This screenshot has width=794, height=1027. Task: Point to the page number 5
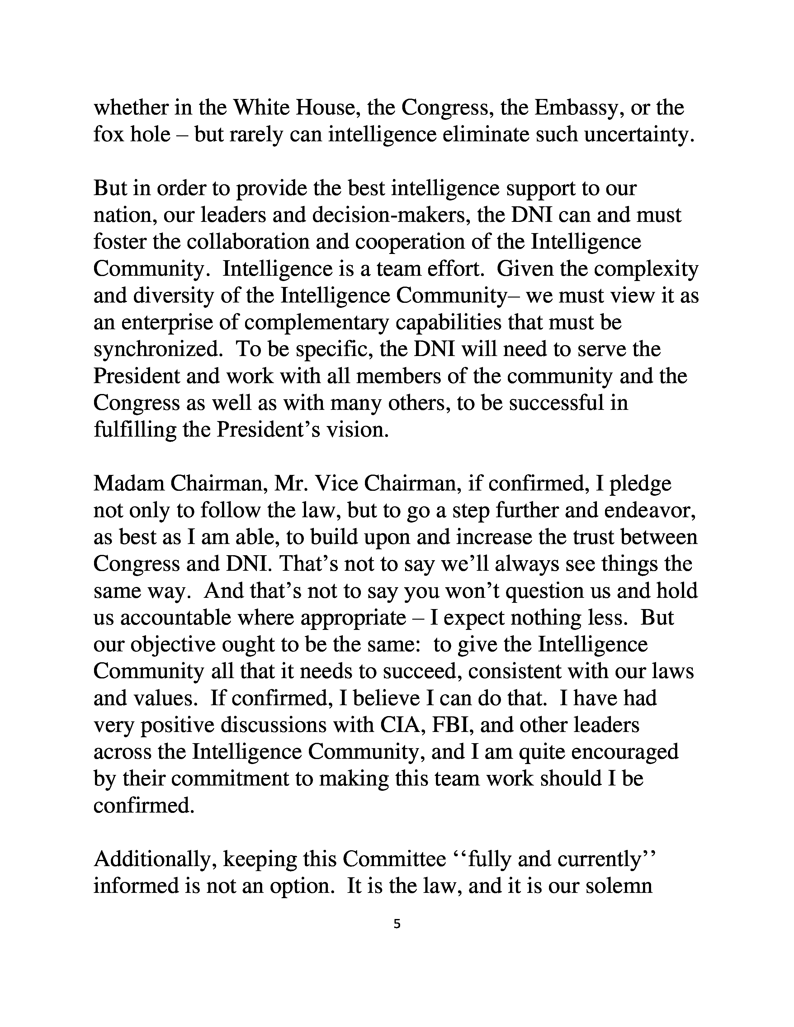(x=396, y=925)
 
